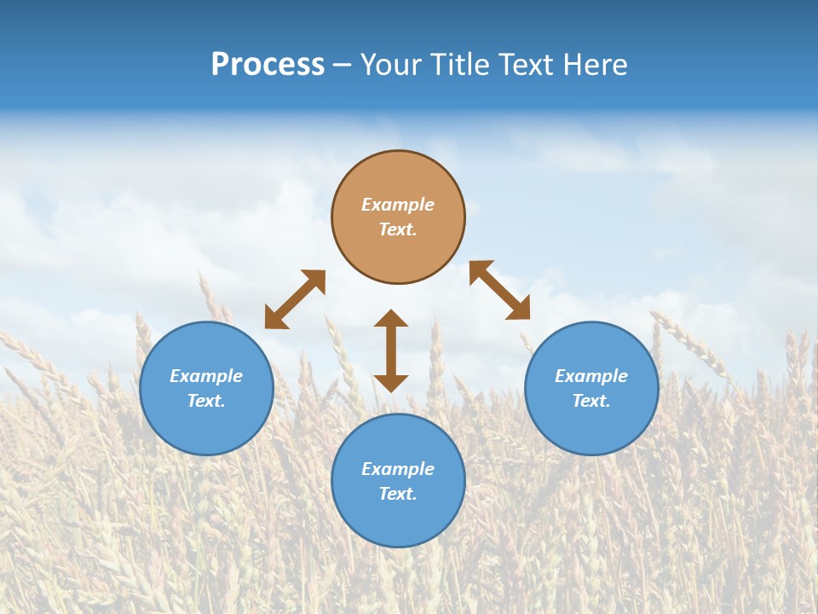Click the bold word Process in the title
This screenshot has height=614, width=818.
(268, 65)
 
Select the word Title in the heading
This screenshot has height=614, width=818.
(460, 65)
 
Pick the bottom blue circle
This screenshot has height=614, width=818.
(398, 520)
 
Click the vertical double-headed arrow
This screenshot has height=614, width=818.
(391, 350)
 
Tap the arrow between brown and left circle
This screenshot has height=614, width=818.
(295, 299)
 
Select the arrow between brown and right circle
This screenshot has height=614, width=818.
(499, 290)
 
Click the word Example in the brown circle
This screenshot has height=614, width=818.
(398, 205)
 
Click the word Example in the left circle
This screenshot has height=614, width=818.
(206, 376)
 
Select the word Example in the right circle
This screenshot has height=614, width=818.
(591, 376)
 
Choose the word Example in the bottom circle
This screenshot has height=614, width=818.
(398, 469)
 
